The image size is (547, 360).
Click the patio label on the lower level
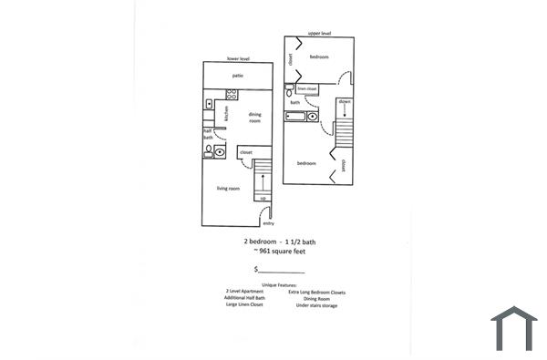(x=236, y=76)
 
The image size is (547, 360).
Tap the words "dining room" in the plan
(x=255, y=118)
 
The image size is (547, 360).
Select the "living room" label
(x=228, y=189)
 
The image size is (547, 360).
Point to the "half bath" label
(x=208, y=134)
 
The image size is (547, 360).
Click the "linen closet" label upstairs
(x=306, y=89)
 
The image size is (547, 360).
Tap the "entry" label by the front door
(x=268, y=223)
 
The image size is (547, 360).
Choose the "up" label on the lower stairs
(x=263, y=199)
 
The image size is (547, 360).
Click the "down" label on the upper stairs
(x=345, y=101)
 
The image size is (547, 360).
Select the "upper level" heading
(x=319, y=33)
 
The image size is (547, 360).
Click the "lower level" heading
(x=238, y=59)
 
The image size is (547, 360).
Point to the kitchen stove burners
(x=208, y=103)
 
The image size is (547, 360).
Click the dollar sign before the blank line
(x=256, y=270)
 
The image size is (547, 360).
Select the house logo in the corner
(x=513, y=329)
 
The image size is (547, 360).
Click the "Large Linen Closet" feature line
(x=244, y=305)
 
